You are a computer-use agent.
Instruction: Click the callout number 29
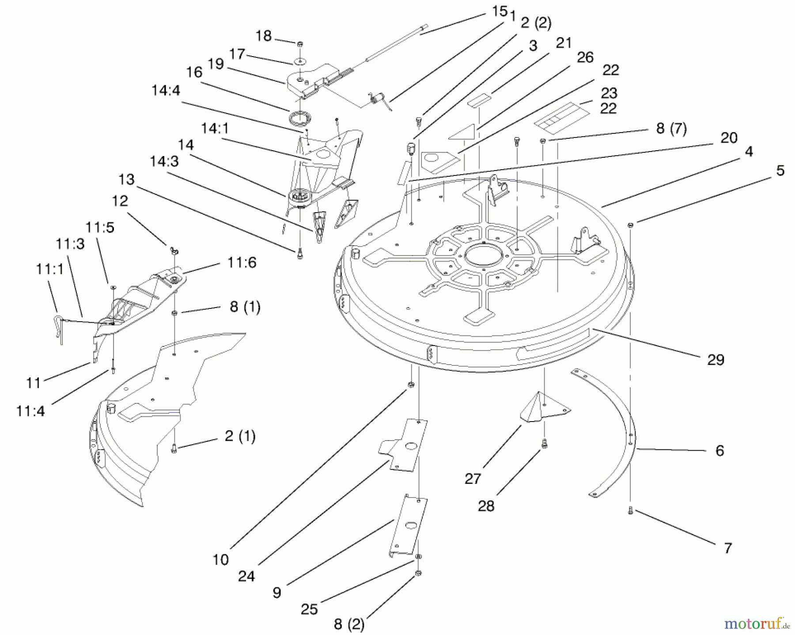[x=715, y=360]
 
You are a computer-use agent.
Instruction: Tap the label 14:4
[x=166, y=90]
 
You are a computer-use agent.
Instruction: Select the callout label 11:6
[x=242, y=262]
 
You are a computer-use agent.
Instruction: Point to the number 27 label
[x=473, y=479]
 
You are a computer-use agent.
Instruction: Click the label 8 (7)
[x=671, y=129]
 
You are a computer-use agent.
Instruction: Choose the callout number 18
[x=264, y=35]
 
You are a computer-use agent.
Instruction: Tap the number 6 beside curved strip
[x=720, y=450]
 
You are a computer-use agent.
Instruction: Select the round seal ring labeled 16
[x=300, y=118]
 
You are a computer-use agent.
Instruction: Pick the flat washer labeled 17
[x=300, y=60]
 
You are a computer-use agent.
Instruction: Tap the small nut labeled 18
[x=300, y=44]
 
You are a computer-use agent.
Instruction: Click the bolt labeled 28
[x=544, y=442]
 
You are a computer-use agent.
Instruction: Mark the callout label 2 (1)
[x=240, y=436]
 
